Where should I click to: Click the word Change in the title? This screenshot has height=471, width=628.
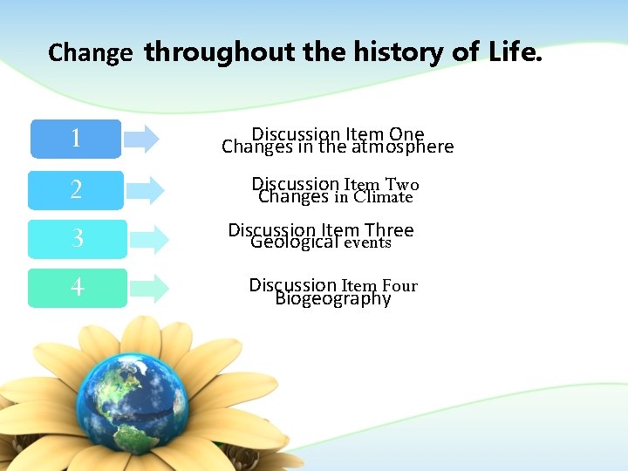click(90, 53)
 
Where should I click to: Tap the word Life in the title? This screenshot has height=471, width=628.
click(514, 52)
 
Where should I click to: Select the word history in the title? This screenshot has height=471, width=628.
click(398, 52)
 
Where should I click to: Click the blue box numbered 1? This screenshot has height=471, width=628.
click(76, 139)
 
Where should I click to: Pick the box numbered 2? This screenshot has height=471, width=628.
click(76, 189)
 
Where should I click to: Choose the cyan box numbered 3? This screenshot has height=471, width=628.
click(77, 238)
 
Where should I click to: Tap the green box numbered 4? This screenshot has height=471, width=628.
click(77, 287)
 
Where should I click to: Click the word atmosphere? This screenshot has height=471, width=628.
click(403, 147)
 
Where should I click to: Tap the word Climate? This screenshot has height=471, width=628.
click(383, 197)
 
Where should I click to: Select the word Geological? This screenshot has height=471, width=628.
click(294, 242)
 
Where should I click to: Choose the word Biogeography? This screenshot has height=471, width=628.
click(333, 299)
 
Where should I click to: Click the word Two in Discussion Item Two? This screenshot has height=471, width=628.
click(401, 184)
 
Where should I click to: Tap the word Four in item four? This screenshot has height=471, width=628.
click(399, 285)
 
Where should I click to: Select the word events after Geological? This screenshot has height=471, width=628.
click(367, 243)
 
